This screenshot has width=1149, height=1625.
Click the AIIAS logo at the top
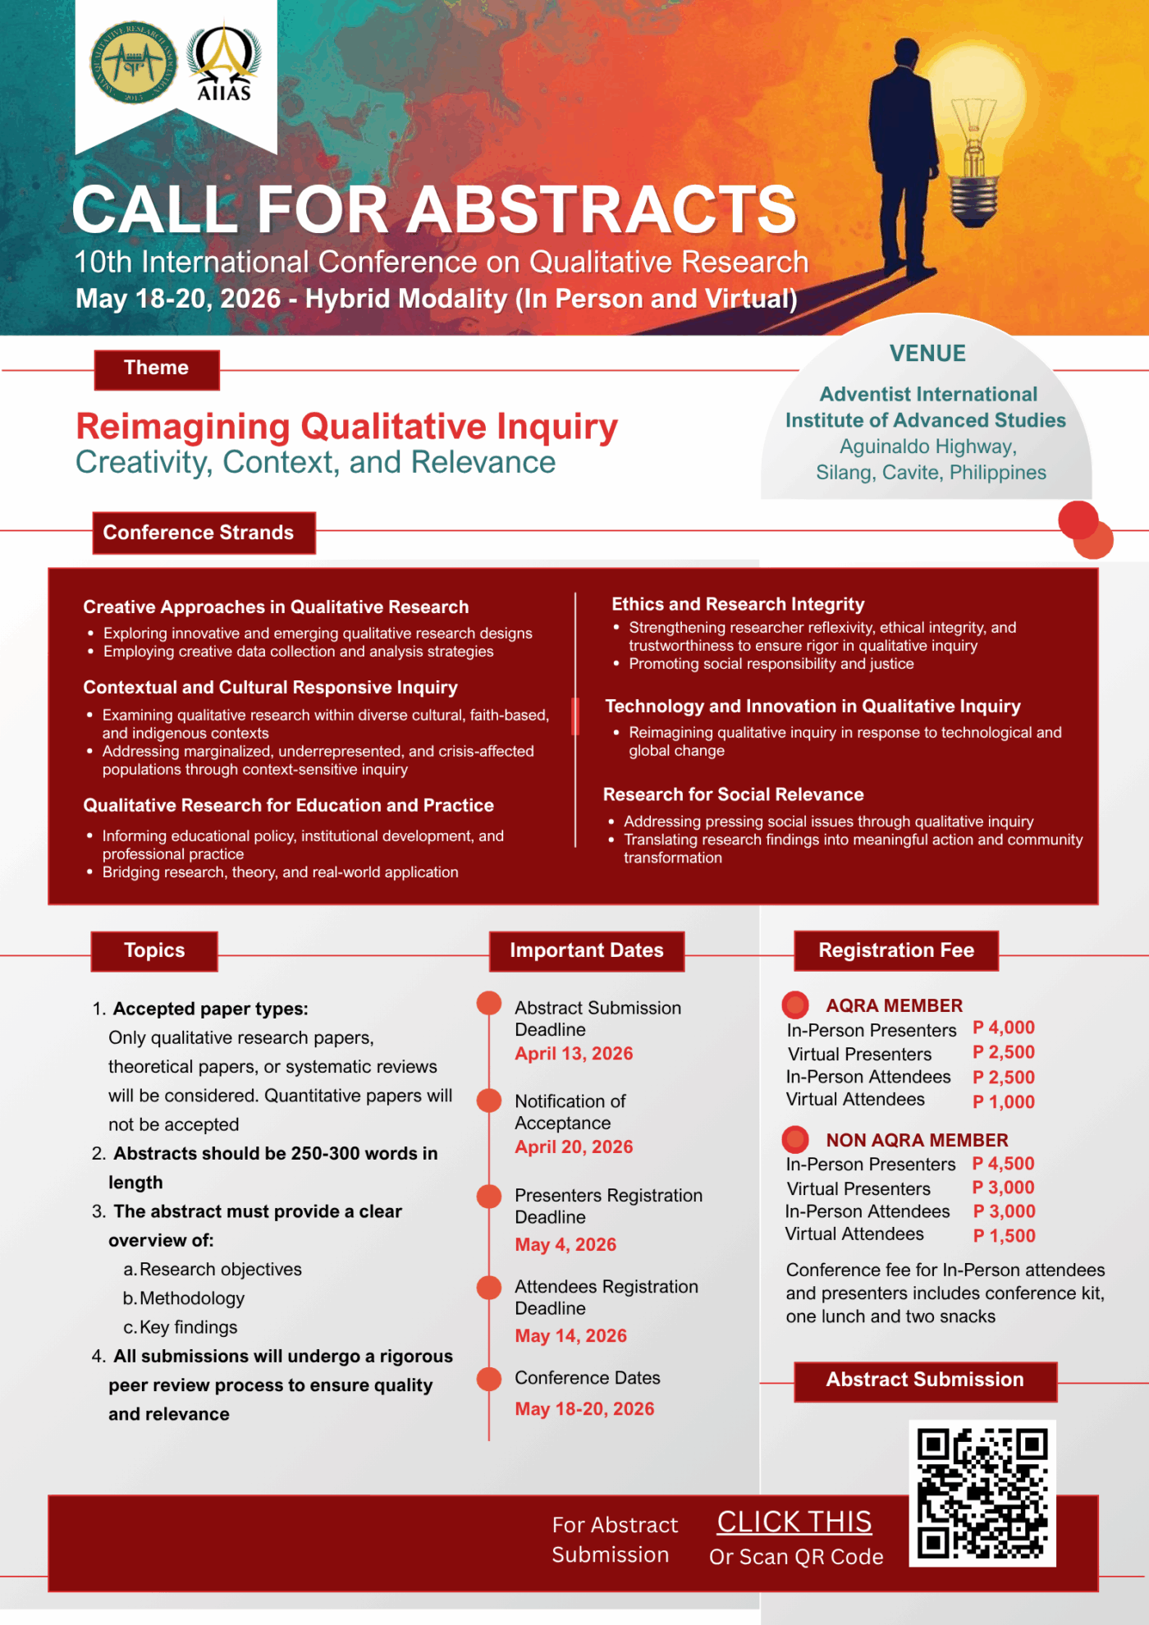coord(223,63)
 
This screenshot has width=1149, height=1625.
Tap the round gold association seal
coord(133,62)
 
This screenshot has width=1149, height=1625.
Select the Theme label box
coord(157,368)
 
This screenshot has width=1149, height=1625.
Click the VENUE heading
coord(927,354)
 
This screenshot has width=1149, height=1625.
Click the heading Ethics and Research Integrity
coord(738,605)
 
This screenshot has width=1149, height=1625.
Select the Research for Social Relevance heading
coord(733,794)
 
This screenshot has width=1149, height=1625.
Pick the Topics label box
coord(154,951)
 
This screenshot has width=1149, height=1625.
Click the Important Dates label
coord(586,951)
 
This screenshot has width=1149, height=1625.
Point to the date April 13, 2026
coord(574,1054)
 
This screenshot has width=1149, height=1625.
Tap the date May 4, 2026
coord(565,1245)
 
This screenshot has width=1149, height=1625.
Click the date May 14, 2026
coord(570,1336)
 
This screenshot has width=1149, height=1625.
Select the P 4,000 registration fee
coord(1003,1028)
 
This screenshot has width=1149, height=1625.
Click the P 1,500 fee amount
coord(1004,1236)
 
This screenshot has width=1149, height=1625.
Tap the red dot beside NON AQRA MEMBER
coord(794,1139)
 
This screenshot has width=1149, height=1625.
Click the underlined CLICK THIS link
coord(794,1522)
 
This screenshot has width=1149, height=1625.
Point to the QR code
coord(982,1493)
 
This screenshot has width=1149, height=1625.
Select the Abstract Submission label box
coord(925,1380)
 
